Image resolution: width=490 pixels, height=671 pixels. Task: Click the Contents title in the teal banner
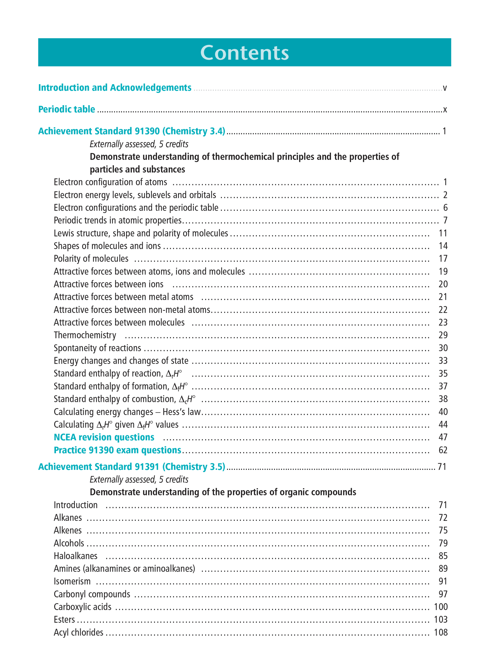(x=244, y=53)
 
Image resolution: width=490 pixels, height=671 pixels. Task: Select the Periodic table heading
(x=66, y=109)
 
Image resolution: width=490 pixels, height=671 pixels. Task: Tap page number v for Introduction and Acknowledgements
(x=445, y=88)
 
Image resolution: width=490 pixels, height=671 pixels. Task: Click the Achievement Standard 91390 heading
(x=132, y=131)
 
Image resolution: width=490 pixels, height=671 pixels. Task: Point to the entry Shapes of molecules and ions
(x=107, y=246)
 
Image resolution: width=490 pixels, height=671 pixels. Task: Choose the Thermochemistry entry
(x=85, y=335)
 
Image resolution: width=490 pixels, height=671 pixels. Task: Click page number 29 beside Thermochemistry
(x=443, y=335)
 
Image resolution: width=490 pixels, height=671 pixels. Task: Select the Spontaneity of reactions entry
(x=97, y=348)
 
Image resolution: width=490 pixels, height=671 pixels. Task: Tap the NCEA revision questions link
(x=104, y=437)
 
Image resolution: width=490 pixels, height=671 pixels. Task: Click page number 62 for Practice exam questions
(x=443, y=450)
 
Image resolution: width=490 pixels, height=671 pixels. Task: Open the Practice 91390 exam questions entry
(x=117, y=450)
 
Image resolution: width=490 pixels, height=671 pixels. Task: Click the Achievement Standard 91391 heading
(x=132, y=467)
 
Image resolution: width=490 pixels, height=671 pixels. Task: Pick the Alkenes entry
(x=68, y=530)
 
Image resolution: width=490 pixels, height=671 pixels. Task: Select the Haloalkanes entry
(x=76, y=556)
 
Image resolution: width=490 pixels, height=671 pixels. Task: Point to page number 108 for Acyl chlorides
(x=440, y=633)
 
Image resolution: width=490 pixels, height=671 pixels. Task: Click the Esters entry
(x=64, y=620)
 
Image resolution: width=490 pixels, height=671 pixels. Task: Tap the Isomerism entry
(x=72, y=581)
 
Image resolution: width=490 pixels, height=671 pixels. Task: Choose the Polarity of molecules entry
(x=91, y=259)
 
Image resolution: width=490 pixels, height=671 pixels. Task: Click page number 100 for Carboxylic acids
(x=440, y=607)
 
